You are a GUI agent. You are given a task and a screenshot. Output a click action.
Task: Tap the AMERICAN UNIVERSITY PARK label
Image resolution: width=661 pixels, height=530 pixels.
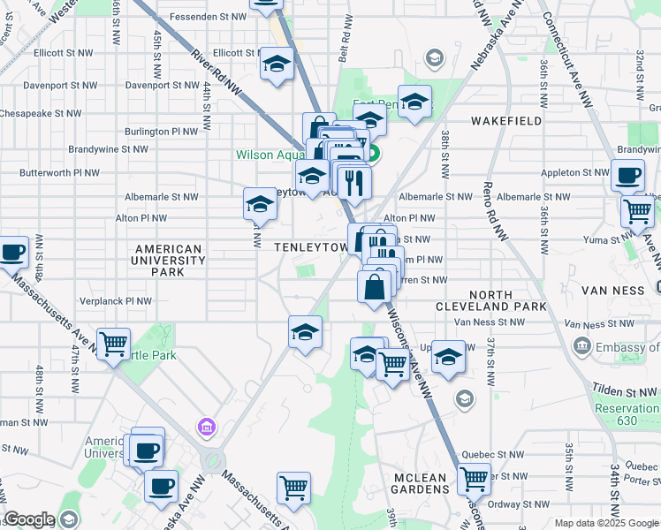[168, 261]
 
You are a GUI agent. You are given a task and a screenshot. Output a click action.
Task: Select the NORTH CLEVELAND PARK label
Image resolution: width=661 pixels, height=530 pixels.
[490, 300]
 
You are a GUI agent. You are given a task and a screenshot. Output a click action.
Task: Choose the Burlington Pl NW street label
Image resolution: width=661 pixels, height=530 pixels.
[161, 131]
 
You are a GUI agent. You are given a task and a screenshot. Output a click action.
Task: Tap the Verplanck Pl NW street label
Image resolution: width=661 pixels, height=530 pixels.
[116, 301]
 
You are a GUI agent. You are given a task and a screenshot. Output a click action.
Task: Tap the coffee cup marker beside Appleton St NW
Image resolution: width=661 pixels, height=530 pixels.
[627, 176]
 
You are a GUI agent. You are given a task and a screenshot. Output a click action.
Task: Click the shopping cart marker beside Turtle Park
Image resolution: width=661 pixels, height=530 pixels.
[113, 344]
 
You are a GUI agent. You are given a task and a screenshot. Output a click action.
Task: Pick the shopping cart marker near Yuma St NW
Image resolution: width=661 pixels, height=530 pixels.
[637, 211]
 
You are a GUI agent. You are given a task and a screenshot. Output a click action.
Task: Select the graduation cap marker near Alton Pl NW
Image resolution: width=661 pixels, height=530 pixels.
[260, 204]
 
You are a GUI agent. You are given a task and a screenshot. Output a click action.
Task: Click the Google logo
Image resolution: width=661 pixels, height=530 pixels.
[29, 519]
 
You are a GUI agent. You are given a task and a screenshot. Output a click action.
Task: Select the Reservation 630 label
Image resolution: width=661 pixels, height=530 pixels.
[627, 414]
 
